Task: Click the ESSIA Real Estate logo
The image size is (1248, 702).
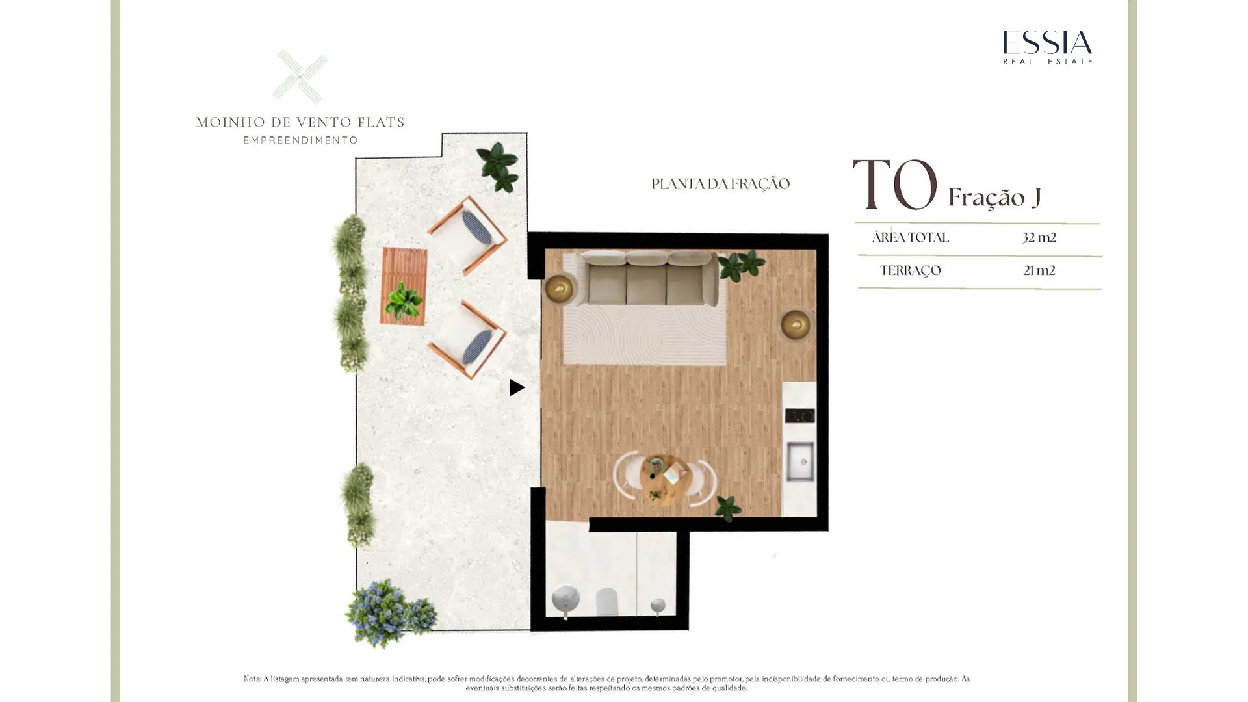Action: pyautogui.click(x=1047, y=47)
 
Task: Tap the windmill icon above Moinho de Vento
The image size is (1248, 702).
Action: pyautogui.click(x=300, y=77)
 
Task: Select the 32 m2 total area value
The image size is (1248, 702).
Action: pyautogui.click(x=1039, y=238)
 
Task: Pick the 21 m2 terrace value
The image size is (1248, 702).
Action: pyautogui.click(x=1039, y=270)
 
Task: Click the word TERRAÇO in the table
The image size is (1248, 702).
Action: pyautogui.click(x=910, y=271)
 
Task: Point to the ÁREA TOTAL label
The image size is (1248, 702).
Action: pyautogui.click(x=910, y=237)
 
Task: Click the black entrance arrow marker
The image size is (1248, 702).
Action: pyautogui.click(x=517, y=387)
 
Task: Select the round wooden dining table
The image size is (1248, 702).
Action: pyautogui.click(x=664, y=480)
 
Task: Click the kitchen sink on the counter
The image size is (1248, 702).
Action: pyautogui.click(x=800, y=461)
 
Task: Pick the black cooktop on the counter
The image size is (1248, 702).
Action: pyautogui.click(x=799, y=415)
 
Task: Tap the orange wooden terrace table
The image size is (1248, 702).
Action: pyautogui.click(x=404, y=287)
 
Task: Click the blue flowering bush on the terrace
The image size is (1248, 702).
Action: pyautogui.click(x=389, y=614)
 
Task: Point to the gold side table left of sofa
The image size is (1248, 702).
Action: pyautogui.click(x=559, y=289)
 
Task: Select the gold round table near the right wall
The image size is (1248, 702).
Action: pyautogui.click(x=796, y=324)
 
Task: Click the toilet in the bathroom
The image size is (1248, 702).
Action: pyautogui.click(x=606, y=601)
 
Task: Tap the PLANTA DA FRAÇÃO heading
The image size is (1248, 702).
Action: pyautogui.click(x=720, y=184)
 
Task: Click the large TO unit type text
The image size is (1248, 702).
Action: pyautogui.click(x=895, y=185)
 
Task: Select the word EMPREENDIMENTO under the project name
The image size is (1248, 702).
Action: pyautogui.click(x=300, y=140)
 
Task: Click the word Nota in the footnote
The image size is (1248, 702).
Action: pyautogui.click(x=252, y=679)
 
